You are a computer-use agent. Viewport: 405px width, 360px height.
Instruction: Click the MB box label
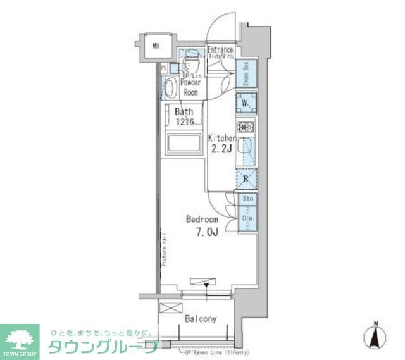click(156, 46)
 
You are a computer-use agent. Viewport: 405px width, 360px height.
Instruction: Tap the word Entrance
click(220, 50)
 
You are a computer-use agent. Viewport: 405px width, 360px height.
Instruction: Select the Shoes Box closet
click(246, 74)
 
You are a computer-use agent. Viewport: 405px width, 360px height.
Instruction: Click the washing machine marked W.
click(246, 103)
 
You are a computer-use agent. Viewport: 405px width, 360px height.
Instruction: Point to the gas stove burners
click(246, 127)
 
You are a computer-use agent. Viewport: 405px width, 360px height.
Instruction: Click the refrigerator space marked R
click(246, 178)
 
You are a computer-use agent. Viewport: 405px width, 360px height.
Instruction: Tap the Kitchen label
click(222, 139)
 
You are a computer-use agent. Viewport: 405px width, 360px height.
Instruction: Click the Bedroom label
click(202, 219)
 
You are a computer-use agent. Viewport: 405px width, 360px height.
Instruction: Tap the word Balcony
click(201, 319)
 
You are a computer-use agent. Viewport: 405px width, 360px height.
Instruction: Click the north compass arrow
click(375, 336)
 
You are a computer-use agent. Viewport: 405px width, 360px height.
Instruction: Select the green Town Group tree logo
click(20, 338)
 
